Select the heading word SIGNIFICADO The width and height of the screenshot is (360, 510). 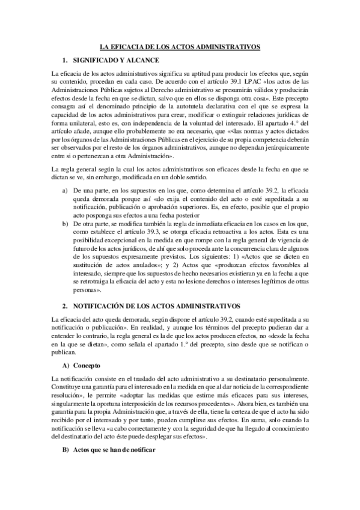97,61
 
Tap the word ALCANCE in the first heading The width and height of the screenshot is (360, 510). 144,61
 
